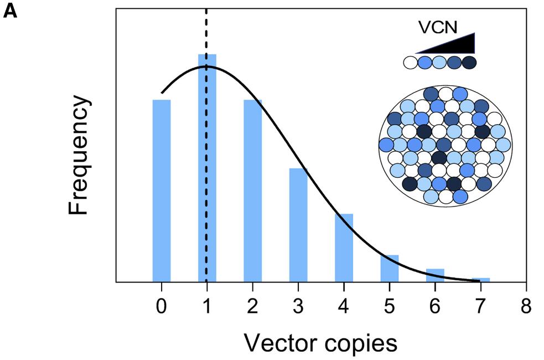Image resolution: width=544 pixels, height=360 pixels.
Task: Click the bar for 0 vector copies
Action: click(162, 191)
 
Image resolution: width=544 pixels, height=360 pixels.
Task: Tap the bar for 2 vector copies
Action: click(253, 191)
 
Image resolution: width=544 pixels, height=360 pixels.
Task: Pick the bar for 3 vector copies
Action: click(298, 225)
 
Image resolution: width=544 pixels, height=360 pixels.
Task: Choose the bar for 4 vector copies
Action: click(344, 248)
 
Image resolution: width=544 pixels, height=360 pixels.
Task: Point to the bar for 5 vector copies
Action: click(390, 268)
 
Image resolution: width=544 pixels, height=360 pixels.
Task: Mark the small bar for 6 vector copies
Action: click(435, 275)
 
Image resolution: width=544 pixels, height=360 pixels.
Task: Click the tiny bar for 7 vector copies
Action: click(481, 280)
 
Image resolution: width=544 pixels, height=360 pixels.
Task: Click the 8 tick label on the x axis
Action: click(526, 306)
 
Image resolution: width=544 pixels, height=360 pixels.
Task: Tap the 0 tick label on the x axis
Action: click(162, 306)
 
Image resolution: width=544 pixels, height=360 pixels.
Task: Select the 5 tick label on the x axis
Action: click(390, 306)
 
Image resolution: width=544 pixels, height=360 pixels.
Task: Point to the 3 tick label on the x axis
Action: click(298, 306)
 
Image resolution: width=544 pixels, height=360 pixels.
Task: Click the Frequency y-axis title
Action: click(79, 156)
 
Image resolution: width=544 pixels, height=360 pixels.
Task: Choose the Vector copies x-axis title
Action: click(321, 343)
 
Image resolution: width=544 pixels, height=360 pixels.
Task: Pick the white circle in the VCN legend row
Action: click(411, 62)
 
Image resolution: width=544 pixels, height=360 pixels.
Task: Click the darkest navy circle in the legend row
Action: click(469, 62)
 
